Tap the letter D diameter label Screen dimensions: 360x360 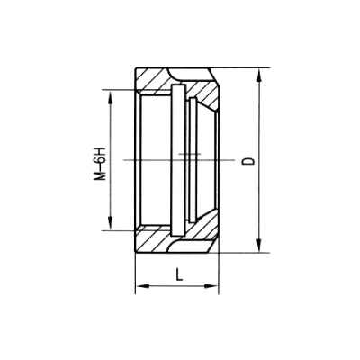coord(246,162)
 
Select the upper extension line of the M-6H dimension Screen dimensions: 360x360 coord(121,90)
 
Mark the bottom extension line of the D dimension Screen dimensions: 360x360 coord(243,256)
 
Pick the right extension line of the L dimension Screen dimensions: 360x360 coord(220,270)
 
